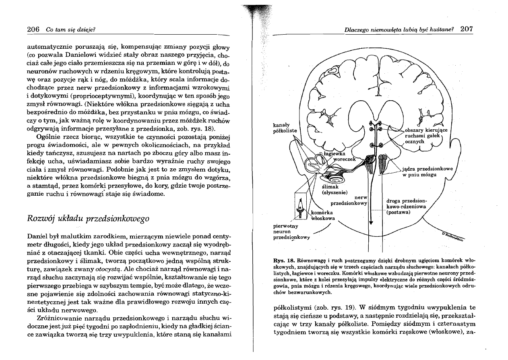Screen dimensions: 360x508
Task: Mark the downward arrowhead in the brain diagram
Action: pos(370,222)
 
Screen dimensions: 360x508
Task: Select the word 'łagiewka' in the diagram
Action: pos(335,153)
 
